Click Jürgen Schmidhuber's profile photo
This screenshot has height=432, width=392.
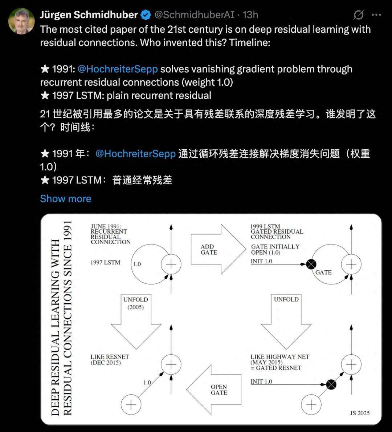pos(21,21)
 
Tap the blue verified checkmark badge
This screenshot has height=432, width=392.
pos(146,15)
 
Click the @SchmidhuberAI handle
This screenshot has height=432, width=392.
pos(194,15)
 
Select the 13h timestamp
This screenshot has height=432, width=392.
pos(250,15)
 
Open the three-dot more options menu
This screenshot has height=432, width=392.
pos(376,15)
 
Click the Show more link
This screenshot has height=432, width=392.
pos(65,199)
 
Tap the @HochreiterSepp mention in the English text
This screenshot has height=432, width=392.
pos(118,69)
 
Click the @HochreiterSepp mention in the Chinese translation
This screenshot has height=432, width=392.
pos(135,154)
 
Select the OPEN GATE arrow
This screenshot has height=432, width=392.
pos(215,390)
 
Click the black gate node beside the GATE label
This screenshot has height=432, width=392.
pos(311,264)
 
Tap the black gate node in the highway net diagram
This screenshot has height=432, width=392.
pos(331,384)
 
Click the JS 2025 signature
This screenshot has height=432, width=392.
pos(360,413)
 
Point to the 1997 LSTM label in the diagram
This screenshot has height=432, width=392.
pos(105,262)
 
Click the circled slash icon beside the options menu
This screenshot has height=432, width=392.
pos(358,15)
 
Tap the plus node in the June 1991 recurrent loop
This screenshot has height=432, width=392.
pos(171,264)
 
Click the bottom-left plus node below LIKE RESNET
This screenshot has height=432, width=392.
pos(131,405)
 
